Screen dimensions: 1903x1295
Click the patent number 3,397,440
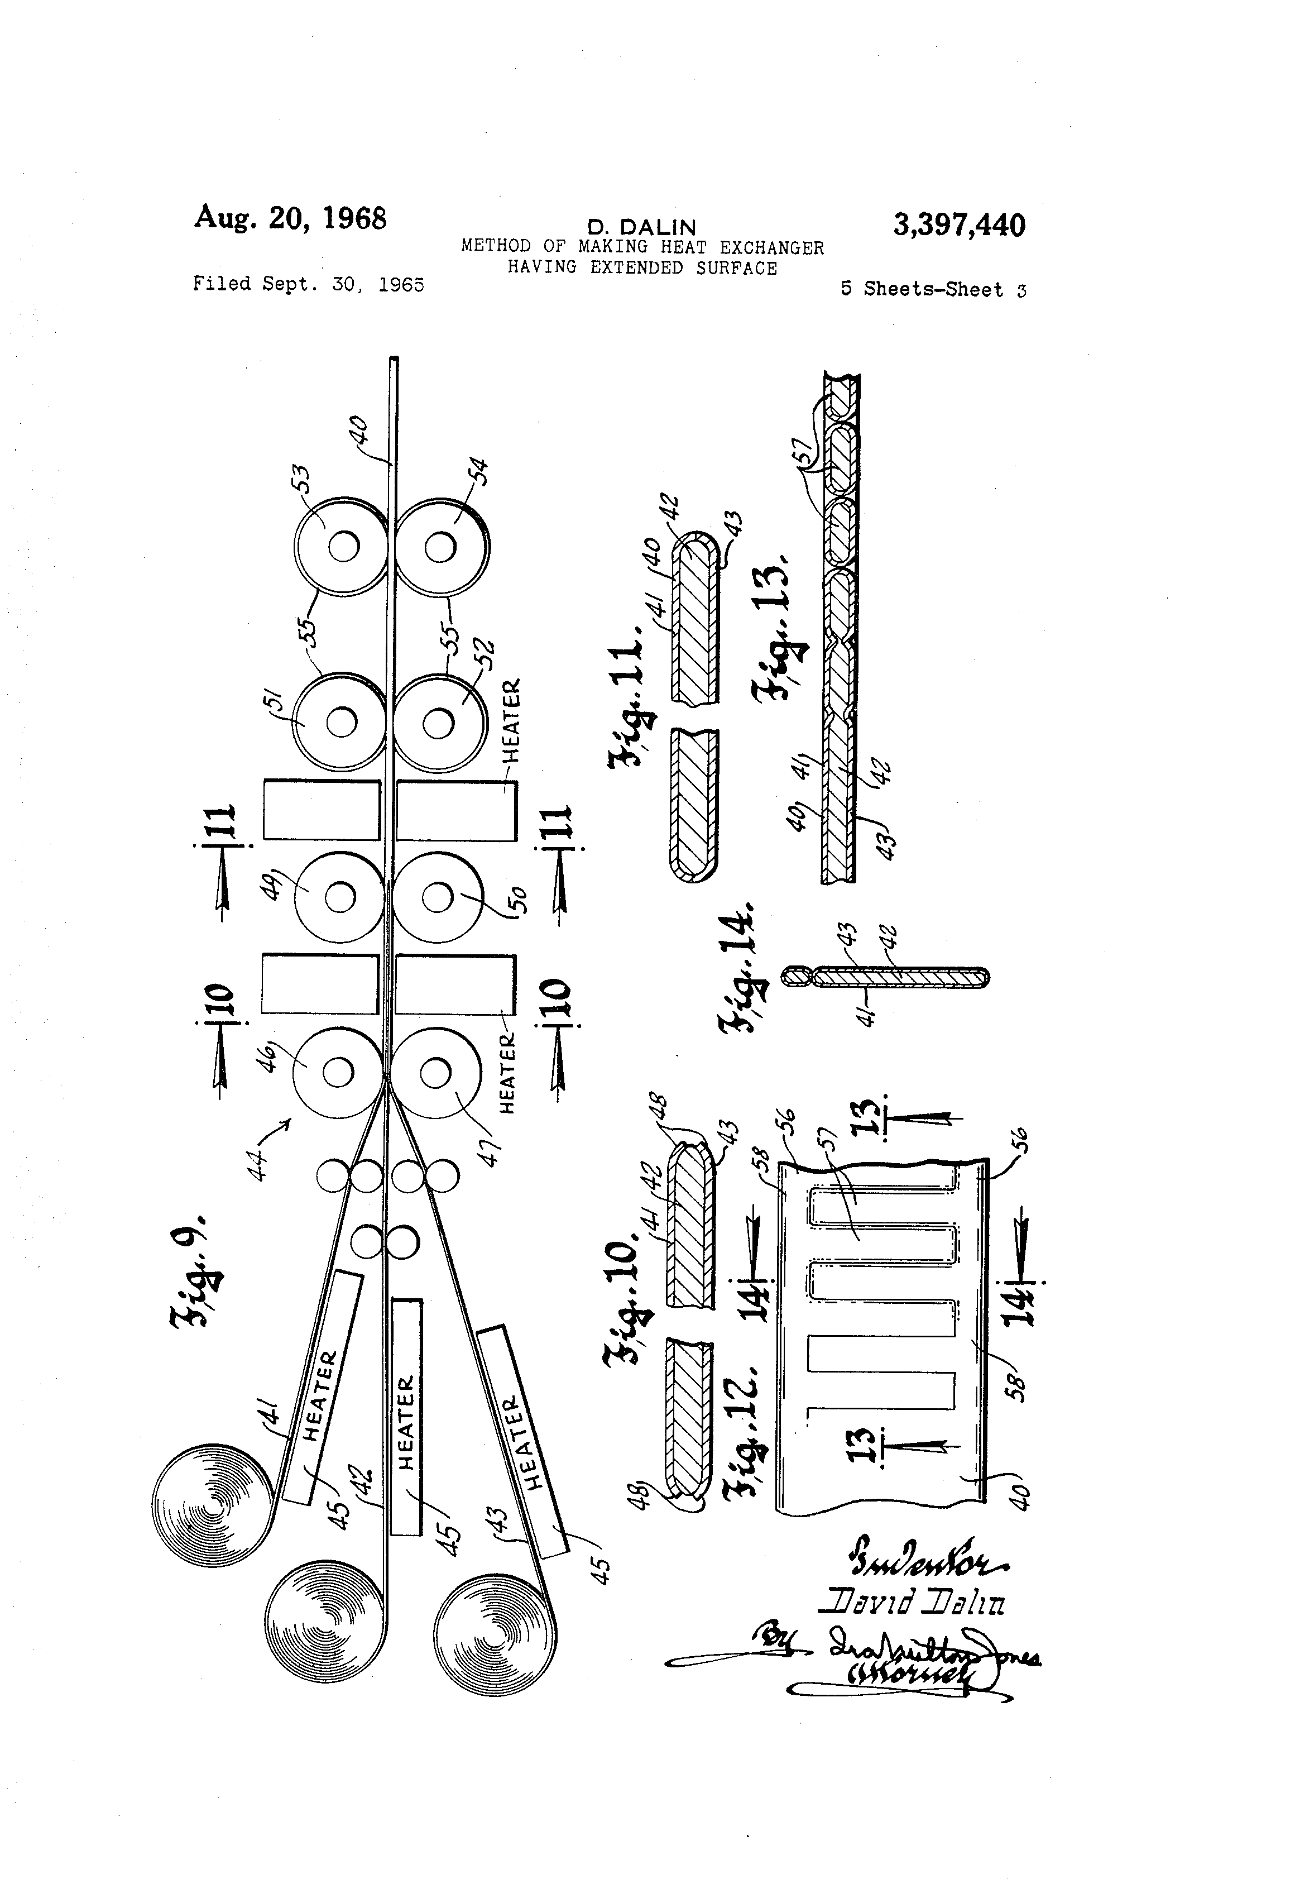958,224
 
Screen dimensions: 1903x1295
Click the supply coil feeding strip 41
211,1506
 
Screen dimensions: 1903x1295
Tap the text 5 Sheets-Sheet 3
933,289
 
